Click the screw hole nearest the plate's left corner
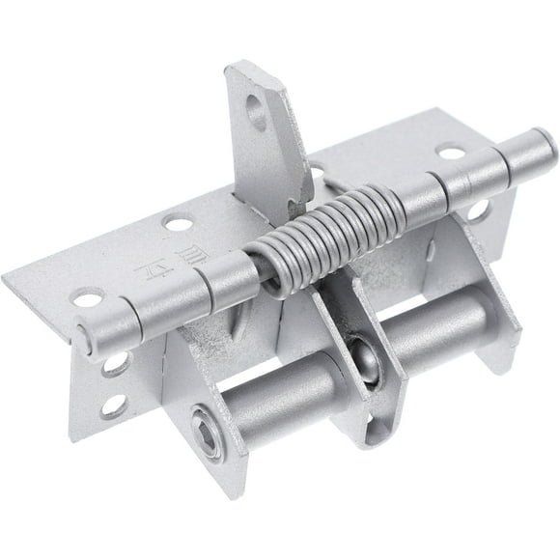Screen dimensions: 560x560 [x=88, y=298]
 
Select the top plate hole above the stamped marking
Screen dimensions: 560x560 [x=178, y=224]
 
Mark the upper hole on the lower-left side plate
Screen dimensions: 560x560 [x=115, y=364]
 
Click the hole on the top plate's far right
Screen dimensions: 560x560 [x=450, y=152]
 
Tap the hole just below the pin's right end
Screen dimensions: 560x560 [x=478, y=210]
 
